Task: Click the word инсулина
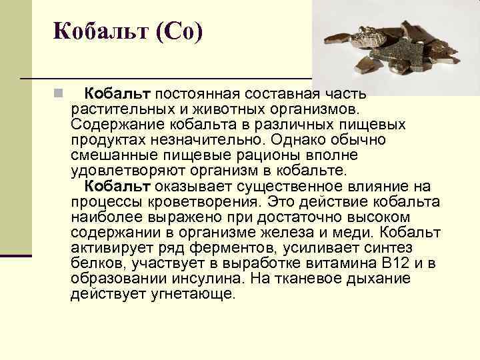217,279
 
